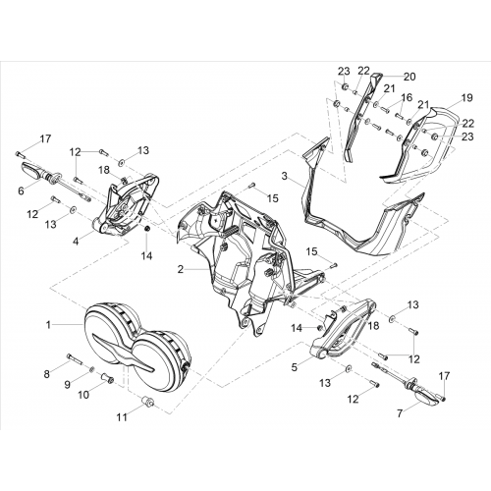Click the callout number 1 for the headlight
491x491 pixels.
click(x=48, y=325)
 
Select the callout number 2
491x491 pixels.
click(x=181, y=269)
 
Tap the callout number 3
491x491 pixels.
click(x=284, y=176)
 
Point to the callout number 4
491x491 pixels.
click(x=76, y=242)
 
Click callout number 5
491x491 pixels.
click(x=295, y=367)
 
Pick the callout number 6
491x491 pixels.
click(x=21, y=191)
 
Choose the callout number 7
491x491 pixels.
click(x=400, y=413)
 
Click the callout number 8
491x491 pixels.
click(x=47, y=374)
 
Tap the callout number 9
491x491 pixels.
click(x=67, y=384)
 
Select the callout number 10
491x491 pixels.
click(x=83, y=395)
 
